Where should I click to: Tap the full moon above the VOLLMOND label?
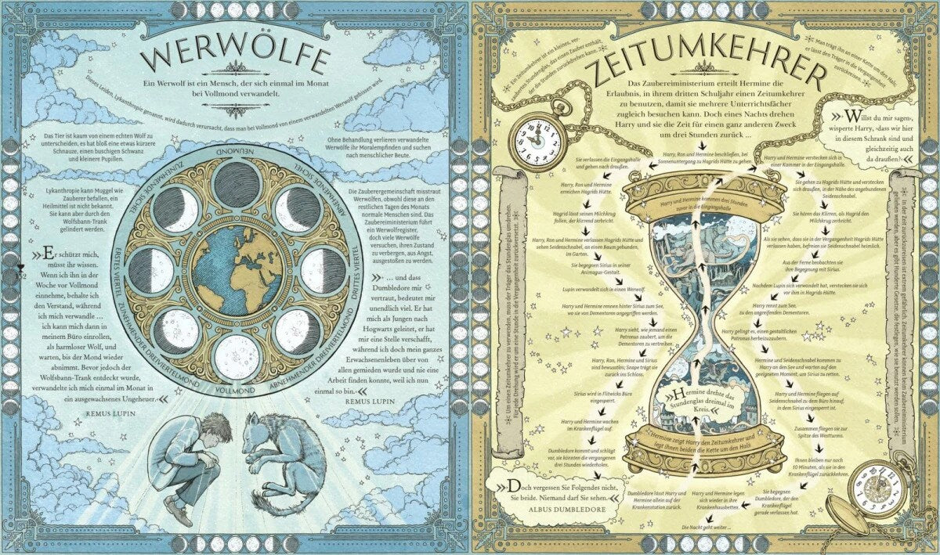236,357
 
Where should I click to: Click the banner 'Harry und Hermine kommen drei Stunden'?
703,204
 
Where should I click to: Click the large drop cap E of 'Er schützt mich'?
48,255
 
